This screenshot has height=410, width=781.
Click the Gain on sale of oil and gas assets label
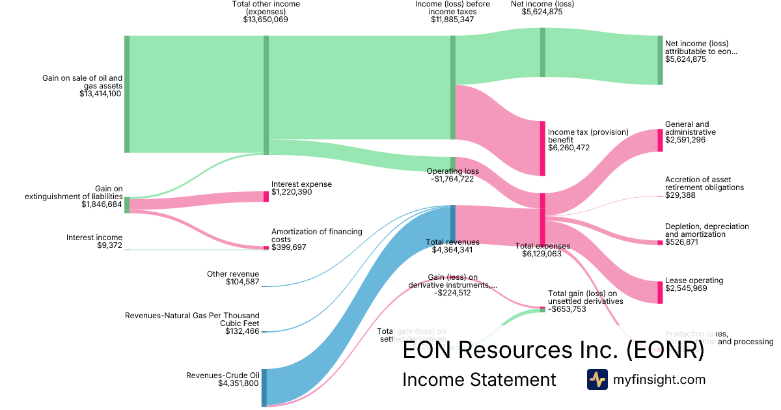coord(83,81)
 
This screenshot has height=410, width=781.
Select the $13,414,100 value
coord(100,94)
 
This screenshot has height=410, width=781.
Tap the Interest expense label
coord(301,184)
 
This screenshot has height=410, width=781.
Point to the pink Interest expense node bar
coord(266,197)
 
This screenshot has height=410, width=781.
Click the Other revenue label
coord(233,274)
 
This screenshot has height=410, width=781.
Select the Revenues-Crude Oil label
coord(223,375)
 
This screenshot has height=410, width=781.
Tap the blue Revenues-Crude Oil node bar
coord(264,387)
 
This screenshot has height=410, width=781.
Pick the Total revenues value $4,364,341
coord(453,250)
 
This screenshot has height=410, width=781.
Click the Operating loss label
coord(452,171)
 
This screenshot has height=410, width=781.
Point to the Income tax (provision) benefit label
coord(588,135)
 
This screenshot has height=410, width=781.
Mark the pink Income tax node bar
coord(542,148)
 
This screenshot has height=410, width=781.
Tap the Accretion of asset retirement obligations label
coord(704,184)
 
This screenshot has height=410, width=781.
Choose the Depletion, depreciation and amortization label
coord(707,230)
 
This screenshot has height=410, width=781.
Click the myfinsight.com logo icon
coord(597,379)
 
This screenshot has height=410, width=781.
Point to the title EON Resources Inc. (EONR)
coord(553,351)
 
